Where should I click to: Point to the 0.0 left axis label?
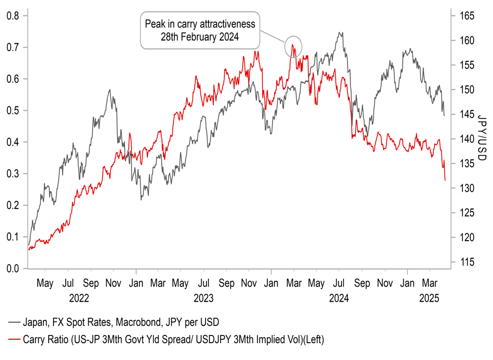[x=13, y=268]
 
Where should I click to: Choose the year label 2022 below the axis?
[x=79, y=299]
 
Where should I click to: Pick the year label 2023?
[x=204, y=299]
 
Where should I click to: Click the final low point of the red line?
[x=445, y=180]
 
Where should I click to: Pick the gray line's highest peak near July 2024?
[x=341, y=33]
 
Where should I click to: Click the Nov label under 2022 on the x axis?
[x=113, y=283]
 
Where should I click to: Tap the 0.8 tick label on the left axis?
[x=13, y=16]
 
